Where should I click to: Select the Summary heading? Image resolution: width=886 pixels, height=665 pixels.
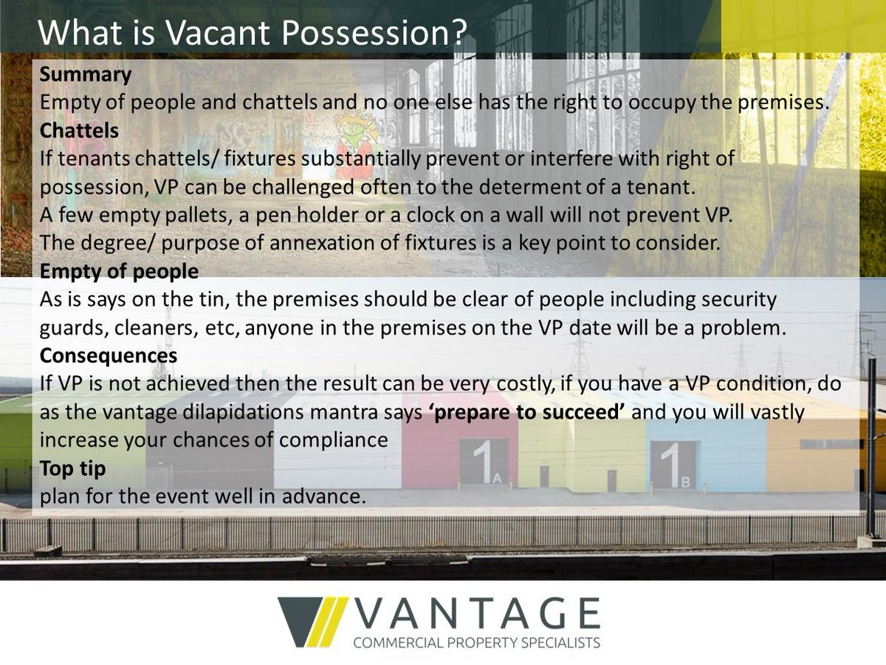pyautogui.click(x=86, y=74)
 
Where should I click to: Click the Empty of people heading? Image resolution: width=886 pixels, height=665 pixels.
pyautogui.click(x=119, y=271)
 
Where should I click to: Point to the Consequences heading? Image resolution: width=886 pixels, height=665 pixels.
pyautogui.click(x=109, y=355)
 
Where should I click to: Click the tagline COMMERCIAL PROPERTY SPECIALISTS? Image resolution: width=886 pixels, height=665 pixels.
pyautogui.click(x=477, y=643)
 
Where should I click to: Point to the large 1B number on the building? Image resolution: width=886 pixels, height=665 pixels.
pyautogui.click(x=674, y=463)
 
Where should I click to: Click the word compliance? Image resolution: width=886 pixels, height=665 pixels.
pyautogui.click(x=338, y=440)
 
